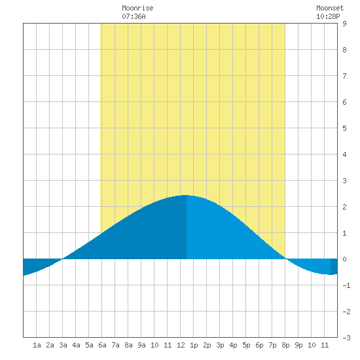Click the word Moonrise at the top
(137, 8)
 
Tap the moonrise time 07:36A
(134, 16)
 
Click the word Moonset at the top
(330, 8)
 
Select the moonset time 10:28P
(328, 16)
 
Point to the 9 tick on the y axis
(344, 24)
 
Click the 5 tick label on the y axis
(344, 128)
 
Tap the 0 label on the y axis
(344, 259)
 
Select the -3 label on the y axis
(346, 338)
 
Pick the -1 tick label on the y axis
(346, 285)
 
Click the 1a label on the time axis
(37, 345)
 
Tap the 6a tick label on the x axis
(102, 345)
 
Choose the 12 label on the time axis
(181, 345)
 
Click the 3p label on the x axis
(220, 345)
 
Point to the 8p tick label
(285, 345)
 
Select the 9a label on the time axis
(141, 345)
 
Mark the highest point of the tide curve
(186, 195)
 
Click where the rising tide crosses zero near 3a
(62, 259)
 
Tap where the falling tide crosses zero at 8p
(285, 259)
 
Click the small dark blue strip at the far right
(334, 266)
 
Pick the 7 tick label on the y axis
(344, 76)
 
